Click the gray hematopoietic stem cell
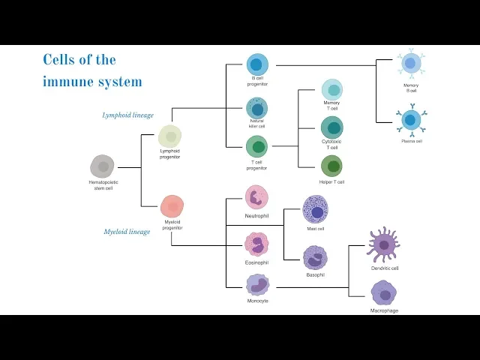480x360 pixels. [102, 166]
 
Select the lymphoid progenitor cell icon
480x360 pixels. [170, 136]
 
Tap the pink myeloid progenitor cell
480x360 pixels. [172, 206]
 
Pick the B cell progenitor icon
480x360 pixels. [257, 64]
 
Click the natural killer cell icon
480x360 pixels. [256, 108]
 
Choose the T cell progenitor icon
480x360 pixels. [257, 146]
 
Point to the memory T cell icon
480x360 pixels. [332, 89]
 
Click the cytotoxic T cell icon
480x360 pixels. [332, 127]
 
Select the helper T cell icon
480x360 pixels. [331, 166]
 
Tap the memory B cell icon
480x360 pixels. [410, 64]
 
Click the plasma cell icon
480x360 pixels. [411, 120]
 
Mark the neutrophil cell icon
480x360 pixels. [256, 197]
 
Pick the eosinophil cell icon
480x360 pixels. [256, 244]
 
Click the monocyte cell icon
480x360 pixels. [257, 284]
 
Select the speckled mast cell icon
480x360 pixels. [315, 210]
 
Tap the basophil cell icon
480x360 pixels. [315, 258]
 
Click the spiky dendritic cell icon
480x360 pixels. [384, 244]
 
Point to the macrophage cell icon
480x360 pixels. [384, 293]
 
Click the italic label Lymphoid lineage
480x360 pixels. [128, 115]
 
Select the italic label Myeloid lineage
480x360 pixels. [127, 232]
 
